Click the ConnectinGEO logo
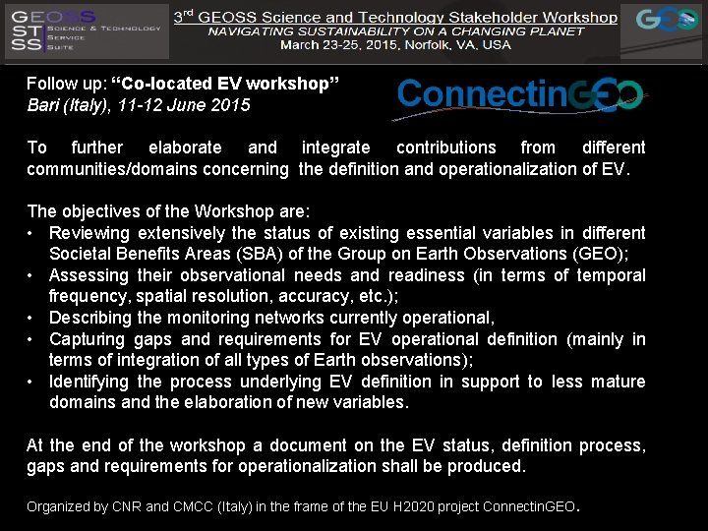[x=520, y=95]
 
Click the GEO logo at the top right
[x=668, y=22]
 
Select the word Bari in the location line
[x=42, y=104]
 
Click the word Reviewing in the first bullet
[x=89, y=233]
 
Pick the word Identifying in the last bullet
[x=89, y=382]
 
